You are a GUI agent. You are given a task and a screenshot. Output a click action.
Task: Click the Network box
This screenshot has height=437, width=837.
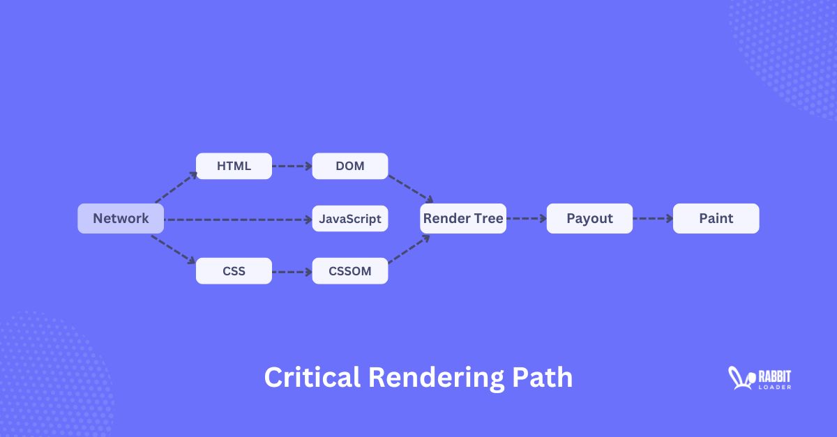[x=121, y=218]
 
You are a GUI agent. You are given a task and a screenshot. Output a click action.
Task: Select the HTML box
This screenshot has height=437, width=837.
[x=234, y=166]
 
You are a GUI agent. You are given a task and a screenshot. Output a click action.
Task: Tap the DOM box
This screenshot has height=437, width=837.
[x=350, y=166]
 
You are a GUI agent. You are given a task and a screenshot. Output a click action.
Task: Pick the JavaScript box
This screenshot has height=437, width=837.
[x=350, y=219]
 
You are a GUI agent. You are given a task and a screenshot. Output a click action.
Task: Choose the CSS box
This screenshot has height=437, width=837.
[x=234, y=270]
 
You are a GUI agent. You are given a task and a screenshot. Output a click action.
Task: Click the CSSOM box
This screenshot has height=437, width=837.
[x=350, y=270]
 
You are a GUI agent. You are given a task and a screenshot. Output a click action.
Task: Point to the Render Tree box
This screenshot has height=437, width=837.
[x=463, y=218]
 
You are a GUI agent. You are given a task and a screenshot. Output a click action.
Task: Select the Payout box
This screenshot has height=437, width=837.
[x=589, y=218]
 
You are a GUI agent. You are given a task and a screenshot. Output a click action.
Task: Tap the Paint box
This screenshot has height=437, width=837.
[x=716, y=218]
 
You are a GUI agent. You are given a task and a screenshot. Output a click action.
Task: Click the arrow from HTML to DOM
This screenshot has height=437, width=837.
[x=292, y=167]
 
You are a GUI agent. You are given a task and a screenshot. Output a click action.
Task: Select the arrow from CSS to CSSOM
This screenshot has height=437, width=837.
[x=292, y=271]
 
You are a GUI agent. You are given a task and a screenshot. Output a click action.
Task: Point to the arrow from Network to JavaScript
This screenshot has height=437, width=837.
[x=238, y=220]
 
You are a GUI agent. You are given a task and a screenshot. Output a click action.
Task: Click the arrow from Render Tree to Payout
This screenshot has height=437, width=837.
[x=527, y=219]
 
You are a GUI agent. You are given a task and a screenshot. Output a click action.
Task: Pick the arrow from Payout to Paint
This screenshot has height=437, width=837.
[x=653, y=219]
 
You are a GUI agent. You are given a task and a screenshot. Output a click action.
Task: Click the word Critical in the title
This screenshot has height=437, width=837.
[x=312, y=378]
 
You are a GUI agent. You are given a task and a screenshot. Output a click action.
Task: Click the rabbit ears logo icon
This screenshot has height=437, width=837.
[x=737, y=377]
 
